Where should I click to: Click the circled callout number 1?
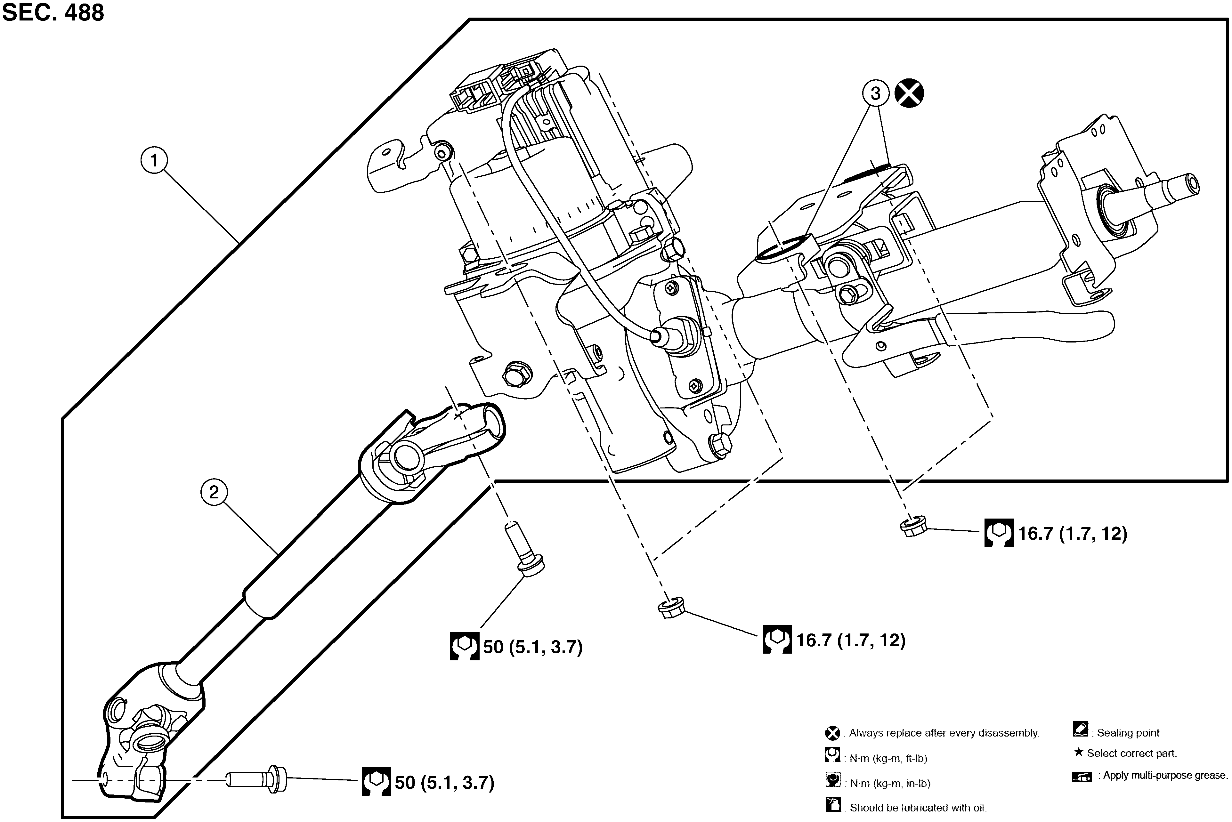point(154,160)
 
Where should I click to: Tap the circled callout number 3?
point(876,94)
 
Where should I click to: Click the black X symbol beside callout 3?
point(909,94)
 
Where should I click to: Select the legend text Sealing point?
point(1128,733)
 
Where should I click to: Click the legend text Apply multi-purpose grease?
point(1165,775)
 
